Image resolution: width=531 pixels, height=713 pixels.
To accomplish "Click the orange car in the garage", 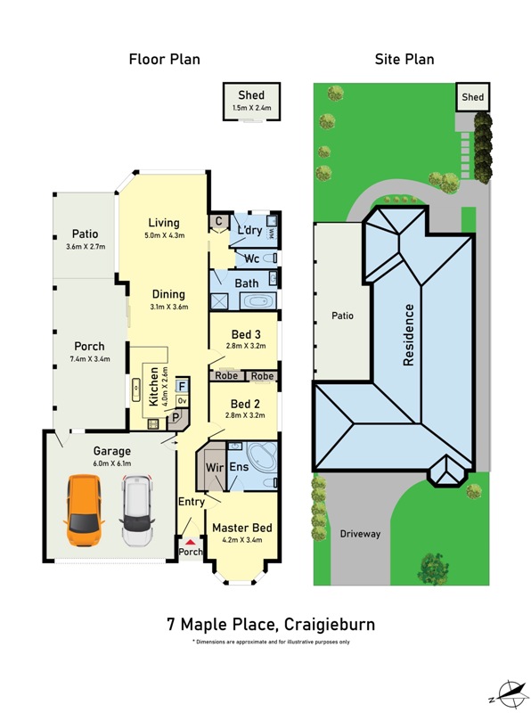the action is pos(84,510).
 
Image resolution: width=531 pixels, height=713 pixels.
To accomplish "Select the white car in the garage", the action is pos(137,511).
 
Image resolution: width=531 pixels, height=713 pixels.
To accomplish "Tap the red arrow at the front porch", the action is pos(190,542).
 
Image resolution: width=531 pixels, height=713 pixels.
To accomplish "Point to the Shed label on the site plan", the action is pos(473,97).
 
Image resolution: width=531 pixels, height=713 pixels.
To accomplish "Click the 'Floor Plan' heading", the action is pos(164,59).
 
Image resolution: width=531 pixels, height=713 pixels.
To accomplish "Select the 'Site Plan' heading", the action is pos(404,59).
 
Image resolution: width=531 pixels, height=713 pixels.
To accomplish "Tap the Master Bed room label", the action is pos(241,528).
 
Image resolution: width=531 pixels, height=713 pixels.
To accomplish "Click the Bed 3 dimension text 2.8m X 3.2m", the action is pos(246,346).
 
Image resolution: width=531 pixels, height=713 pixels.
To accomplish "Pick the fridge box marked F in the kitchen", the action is pos(183,387).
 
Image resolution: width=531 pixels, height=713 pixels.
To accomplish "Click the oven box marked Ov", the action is pos(183,401).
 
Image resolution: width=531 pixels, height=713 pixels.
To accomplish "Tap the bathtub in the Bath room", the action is pos(257,301).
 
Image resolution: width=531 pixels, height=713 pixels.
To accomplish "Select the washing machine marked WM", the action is pos(271,233).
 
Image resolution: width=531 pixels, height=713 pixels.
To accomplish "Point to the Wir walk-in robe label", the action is pos(215,467).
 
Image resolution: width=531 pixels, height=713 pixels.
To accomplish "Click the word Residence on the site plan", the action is pos(409,335).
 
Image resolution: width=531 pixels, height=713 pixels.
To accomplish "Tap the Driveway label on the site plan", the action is pos(360,534).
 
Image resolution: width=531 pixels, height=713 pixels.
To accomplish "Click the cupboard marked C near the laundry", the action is pos(218,221).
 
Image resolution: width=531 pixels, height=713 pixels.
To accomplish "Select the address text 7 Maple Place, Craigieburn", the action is pos(271,625).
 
